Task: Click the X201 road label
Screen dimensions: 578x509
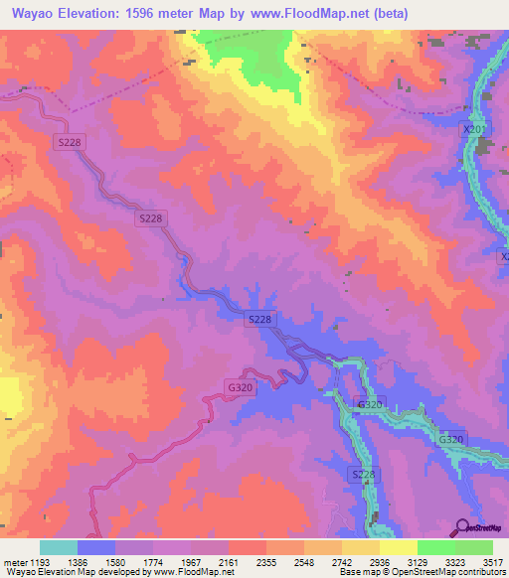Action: click(477, 129)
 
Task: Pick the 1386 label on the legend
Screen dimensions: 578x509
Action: click(90, 561)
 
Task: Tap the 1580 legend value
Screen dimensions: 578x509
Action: click(130, 561)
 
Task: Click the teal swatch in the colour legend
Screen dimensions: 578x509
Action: click(59, 547)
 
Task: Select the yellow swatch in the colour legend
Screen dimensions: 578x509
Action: click(398, 547)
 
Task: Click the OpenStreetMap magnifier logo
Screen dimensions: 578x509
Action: click(463, 527)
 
